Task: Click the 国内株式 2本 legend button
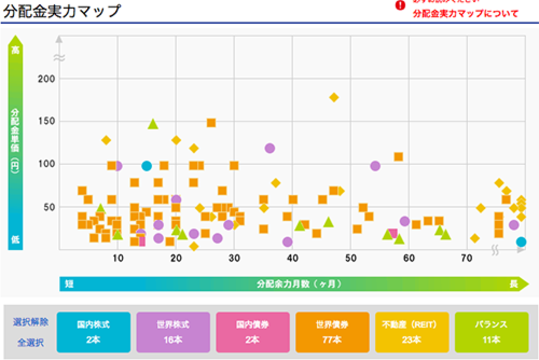(x=93, y=332)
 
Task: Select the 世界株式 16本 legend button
(x=173, y=332)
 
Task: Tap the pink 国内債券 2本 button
(x=253, y=332)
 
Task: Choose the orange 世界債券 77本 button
(x=332, y=332)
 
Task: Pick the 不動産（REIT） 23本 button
(x=412, y=332)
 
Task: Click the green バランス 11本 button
(x=492, y=332)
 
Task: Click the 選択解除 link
(x=30, y=322)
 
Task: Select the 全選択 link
(x=30, y=343)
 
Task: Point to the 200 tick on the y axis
(x=46, y=79)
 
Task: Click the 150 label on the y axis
(x=46, y=122)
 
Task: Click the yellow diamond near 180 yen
(x=334, y=97)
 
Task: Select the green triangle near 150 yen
(x=153, y=124)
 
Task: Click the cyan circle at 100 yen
(x=146, y=166)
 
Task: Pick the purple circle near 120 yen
(x=270, y=148)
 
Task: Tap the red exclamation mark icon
(x=400, y=6)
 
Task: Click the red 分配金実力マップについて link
(x=466, y=14)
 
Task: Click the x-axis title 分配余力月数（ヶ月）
(x=299, y=284)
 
